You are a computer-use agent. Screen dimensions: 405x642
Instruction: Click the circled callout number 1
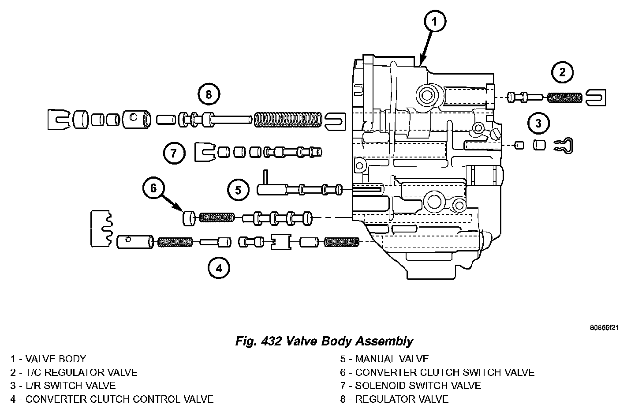pos(434,22)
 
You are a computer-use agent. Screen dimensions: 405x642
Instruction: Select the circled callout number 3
pos(538,123)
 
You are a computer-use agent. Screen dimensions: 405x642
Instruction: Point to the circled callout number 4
pos(219,267)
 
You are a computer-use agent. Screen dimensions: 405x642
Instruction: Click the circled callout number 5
pos(239,190)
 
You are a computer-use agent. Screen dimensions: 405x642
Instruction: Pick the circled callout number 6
pos(153,188)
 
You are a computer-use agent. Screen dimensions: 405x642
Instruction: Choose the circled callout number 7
pos(173,153)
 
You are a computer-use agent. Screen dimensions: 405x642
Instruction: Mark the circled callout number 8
pos(209,94)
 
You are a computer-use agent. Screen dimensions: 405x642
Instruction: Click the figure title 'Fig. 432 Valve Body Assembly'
pos(325,341)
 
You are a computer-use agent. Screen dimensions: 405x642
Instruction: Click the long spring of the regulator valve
pos(287,120)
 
